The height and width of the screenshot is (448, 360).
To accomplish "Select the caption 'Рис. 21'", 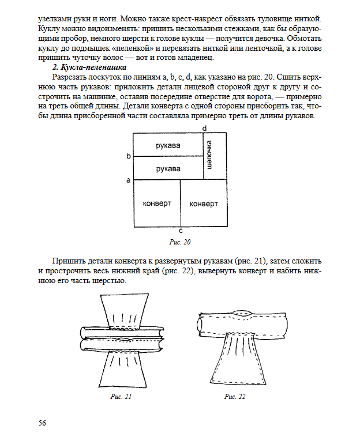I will [x=121, y=397].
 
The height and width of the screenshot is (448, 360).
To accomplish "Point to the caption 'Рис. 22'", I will [x=235, y=397].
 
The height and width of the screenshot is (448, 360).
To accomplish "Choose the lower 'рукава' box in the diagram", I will [x=168, y=169].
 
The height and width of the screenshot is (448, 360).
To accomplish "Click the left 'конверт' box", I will [x=157, y=204].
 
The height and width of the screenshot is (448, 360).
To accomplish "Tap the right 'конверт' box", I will [x=204, y=204].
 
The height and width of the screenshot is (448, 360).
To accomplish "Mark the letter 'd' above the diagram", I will [x=204, y=127].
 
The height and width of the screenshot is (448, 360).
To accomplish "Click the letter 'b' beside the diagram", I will [x=129, y=156].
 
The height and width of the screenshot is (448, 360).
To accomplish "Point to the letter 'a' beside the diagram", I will [x=129, y=180].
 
